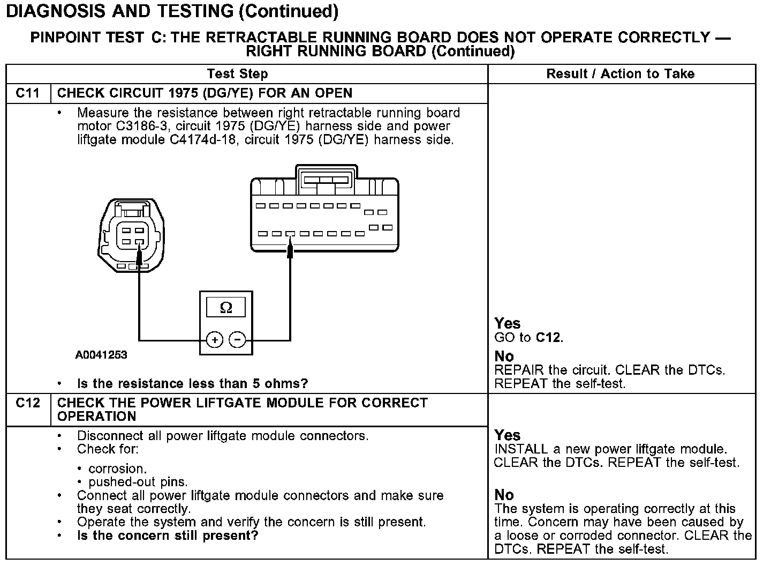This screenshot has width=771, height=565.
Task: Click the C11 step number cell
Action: (28, 93)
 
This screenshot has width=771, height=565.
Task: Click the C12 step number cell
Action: (28, 403)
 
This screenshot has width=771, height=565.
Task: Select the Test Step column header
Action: (237, 74)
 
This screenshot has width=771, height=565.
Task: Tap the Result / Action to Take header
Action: (621, 74)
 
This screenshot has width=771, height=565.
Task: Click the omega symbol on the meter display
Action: (226, 308)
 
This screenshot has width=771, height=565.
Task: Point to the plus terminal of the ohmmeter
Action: (215, 339)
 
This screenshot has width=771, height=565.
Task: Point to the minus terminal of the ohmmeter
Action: (237, 339)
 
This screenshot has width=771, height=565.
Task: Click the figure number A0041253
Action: (101, 355)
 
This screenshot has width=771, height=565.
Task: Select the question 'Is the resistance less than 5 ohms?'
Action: (193, 384)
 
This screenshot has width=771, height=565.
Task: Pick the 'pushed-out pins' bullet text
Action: (138, 482)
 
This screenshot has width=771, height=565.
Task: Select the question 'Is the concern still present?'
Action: (168, 536)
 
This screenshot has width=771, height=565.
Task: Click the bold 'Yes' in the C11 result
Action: (507, 323)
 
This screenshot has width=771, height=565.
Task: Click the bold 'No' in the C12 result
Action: (504, 495)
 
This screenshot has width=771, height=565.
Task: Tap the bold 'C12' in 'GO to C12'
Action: (549, 338)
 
